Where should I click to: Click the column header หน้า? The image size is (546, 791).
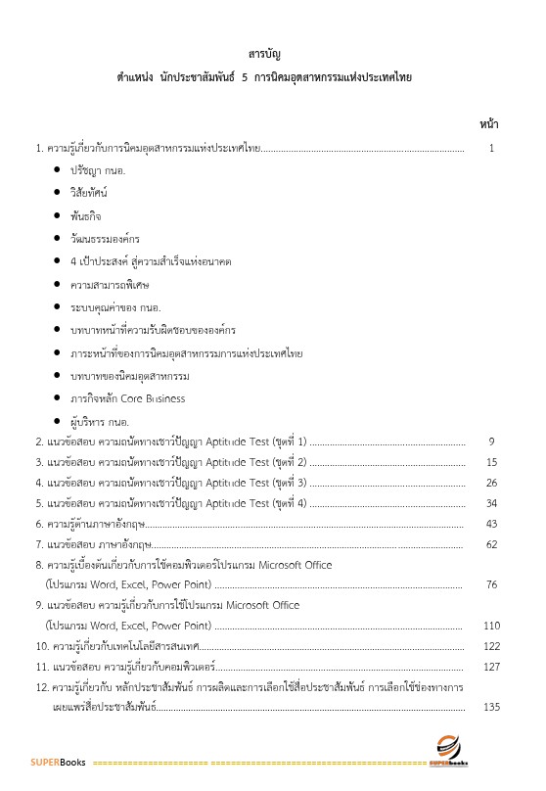[490, 124]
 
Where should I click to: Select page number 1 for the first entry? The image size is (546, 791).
[491, 149]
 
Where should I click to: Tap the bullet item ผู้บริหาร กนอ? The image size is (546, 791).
[99, 421]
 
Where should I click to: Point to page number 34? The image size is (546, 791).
[491, 503]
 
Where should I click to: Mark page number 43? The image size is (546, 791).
[491, 524]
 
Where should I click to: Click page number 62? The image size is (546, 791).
[491, 544]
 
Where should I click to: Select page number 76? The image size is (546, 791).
[491, 584]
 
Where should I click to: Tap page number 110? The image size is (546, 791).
[491, 626]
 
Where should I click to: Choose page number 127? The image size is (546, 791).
[491, 667]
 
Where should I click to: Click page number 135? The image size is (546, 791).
[491, 707]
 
